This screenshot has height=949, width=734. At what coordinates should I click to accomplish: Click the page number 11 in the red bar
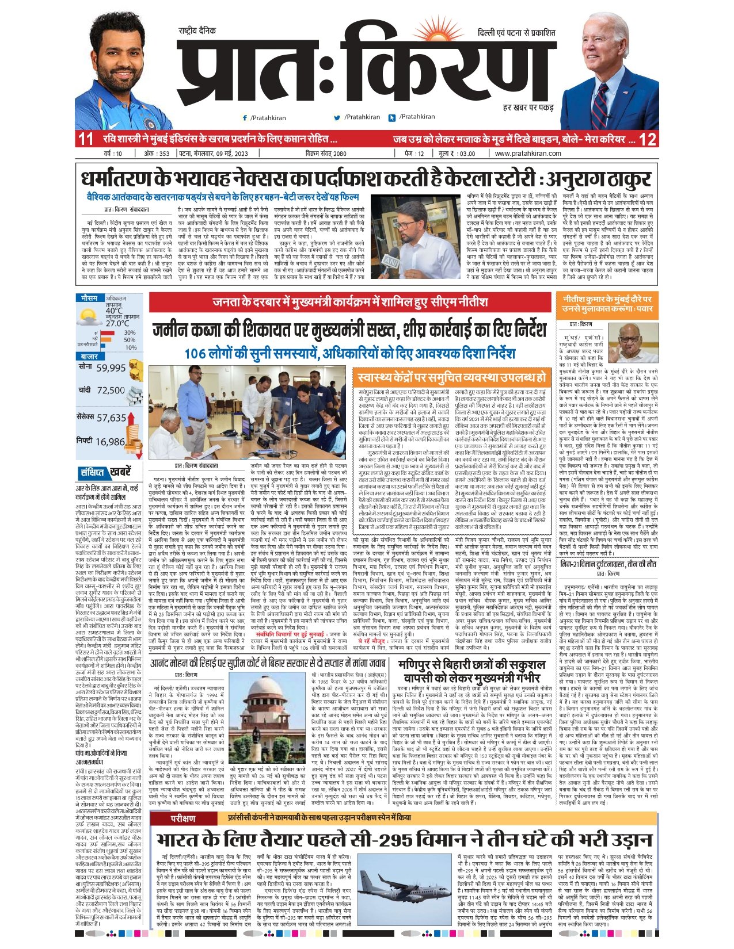[86, 139]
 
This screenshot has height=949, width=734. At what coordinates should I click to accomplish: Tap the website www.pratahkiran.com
[527, 154]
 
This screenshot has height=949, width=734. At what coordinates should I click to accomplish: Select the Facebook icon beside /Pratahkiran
[245, 117]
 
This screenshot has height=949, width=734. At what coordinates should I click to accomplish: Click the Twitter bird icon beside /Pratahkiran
[337, 117]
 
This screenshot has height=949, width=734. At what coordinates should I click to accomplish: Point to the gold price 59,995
[111, 368]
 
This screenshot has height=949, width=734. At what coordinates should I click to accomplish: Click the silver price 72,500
[111, 390]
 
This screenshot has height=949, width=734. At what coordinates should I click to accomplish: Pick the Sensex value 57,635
[111, 418]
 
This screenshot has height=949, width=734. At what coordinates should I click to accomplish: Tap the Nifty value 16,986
[110, 442]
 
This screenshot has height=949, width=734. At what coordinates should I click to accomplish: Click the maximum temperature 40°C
[114, 311]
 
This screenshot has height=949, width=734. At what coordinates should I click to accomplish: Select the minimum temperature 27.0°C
[117, 323]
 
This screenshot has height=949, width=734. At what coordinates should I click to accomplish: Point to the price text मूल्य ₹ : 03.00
[457, 154]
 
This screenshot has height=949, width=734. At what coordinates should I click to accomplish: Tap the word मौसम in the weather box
[89, 299]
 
